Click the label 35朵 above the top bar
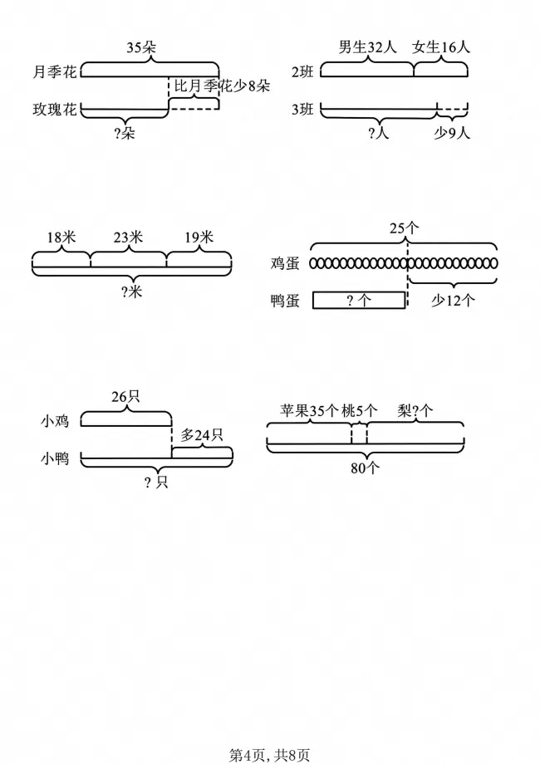pyautogui.click(x=141, y=47)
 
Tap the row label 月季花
pyautogui.click(x=55, y=72)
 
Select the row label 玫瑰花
pyautogui.click(x=55, y=109)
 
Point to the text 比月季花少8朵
pyautogui.click(x=223, y=86)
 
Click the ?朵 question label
pyautogui.click(x=125, y=133)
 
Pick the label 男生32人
pyautogui.click(x=368, y=47)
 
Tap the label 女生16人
pyautogui.click(x=441, y=47)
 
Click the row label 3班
pyautogui.click(x=302, y=109)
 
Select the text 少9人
pyautogui.click(x=452, y=133)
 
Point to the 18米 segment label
pyautogui.click(x=61, y=238)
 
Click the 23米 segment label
pyautogui.click(x=128, y=238)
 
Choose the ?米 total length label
pyautogui.click(x=131, y=291)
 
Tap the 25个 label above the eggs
pyautogui.click(x=405, y=227)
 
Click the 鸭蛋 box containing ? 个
pyautogui.click(x=359, y=300)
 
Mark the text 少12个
pyautogui.click(x=453, y=300)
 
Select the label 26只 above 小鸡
pyautogui.click(x=125, y=396)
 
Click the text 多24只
pyautogui.click(x=202, y=434)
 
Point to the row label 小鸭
pyautogui.click(x=55, y=458)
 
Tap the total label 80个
pyautogui.click(x=365, y=468)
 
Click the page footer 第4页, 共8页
pyautogui.click(x=269, y=755)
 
